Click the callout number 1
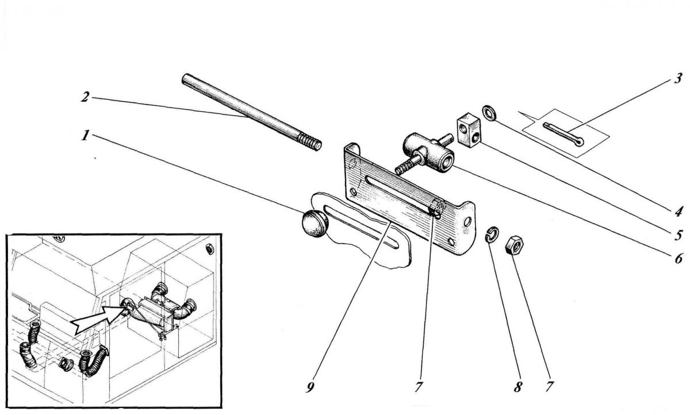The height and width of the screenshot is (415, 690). point(85,136)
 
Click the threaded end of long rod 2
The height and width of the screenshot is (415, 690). point(310,142)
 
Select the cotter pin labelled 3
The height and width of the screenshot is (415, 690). point(562,135)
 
